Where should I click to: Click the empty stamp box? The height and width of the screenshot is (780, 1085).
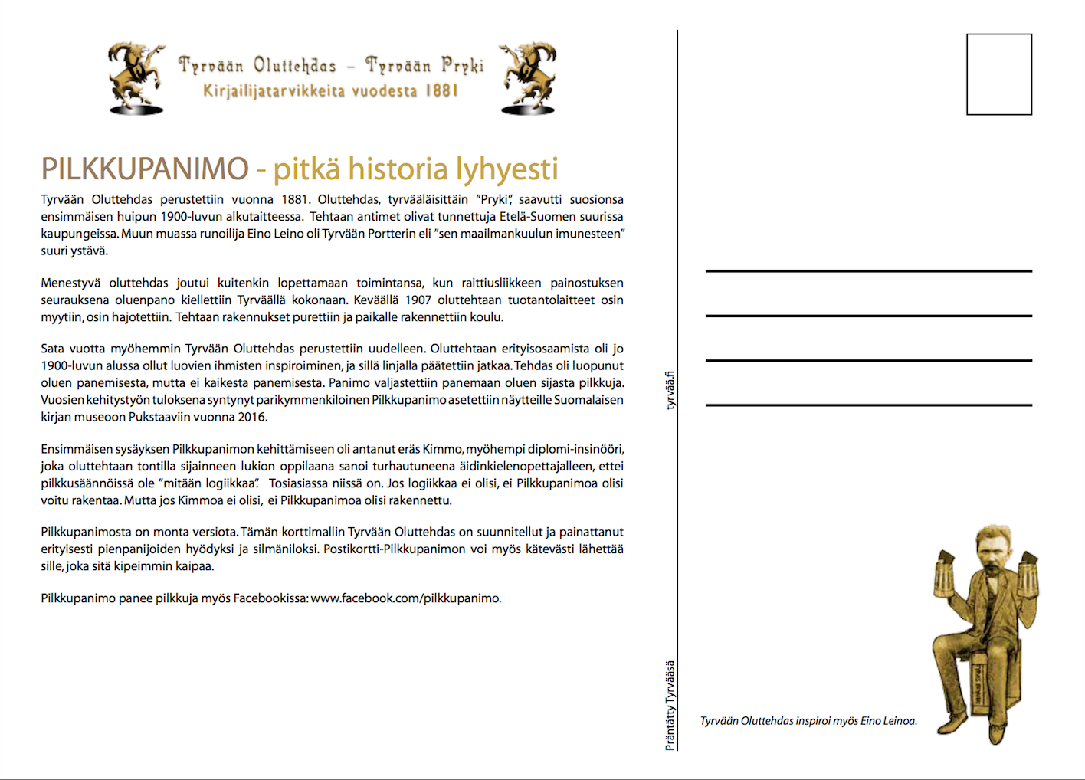pyautogui.click(x=998, y=74)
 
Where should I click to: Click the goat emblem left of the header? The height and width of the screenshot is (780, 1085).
pyautogui.click(x=136, y=77)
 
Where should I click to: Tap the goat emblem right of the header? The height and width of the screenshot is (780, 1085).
pyautogui.click(x=528, y=77)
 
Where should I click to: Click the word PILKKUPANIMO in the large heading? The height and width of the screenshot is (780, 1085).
pyautogui.click(x=145, y=169)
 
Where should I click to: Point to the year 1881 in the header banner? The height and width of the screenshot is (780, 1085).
pyautogui.click(x=441, y=90)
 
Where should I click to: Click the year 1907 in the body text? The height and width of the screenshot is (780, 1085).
pyautogui.click(x=418, y=300)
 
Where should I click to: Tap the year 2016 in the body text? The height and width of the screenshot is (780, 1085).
pyautogui.click(x=252, y=417)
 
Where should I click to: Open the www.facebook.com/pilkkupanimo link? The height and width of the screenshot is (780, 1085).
pyautogui.click(x=405, y=598)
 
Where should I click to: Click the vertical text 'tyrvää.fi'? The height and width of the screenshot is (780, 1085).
pyautogui.click(x=670, y=390)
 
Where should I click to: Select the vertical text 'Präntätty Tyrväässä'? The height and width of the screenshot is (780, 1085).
pyautogui.click(x=670, y=705)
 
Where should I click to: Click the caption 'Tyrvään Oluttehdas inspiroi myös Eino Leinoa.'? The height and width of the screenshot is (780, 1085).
pyautogui.click(x=808, y=721)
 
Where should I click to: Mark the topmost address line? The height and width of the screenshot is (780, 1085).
pyautogui.click(x=868, y=271)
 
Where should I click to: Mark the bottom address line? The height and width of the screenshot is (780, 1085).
pyautogui.click(x=868, y=405)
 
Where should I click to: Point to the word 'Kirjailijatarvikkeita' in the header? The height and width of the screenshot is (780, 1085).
pyautogui.click(x=274, y=91)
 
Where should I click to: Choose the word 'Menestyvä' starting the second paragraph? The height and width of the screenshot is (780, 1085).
pyautogui.click(x=70, y=283)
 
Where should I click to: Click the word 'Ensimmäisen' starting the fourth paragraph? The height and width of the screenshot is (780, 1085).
pyautogui.click(x=77, y=449)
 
